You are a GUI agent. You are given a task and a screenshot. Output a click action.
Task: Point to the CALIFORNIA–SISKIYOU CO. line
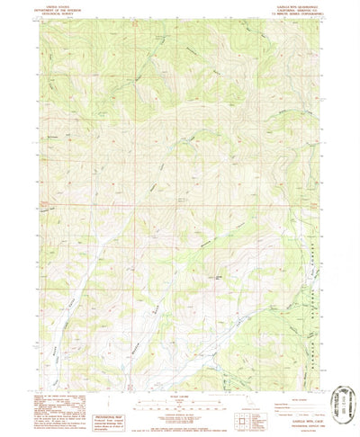(x=281, y=8)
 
